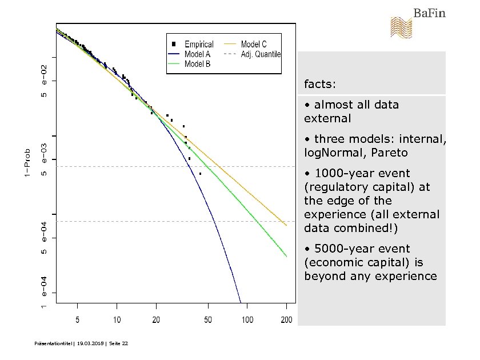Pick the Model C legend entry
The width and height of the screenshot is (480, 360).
coord(253,44)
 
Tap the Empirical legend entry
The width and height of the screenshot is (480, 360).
coord(198,44)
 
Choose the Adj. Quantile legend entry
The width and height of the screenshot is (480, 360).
coord(261,54)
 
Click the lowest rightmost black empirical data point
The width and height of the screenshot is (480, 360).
coord(200,174)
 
